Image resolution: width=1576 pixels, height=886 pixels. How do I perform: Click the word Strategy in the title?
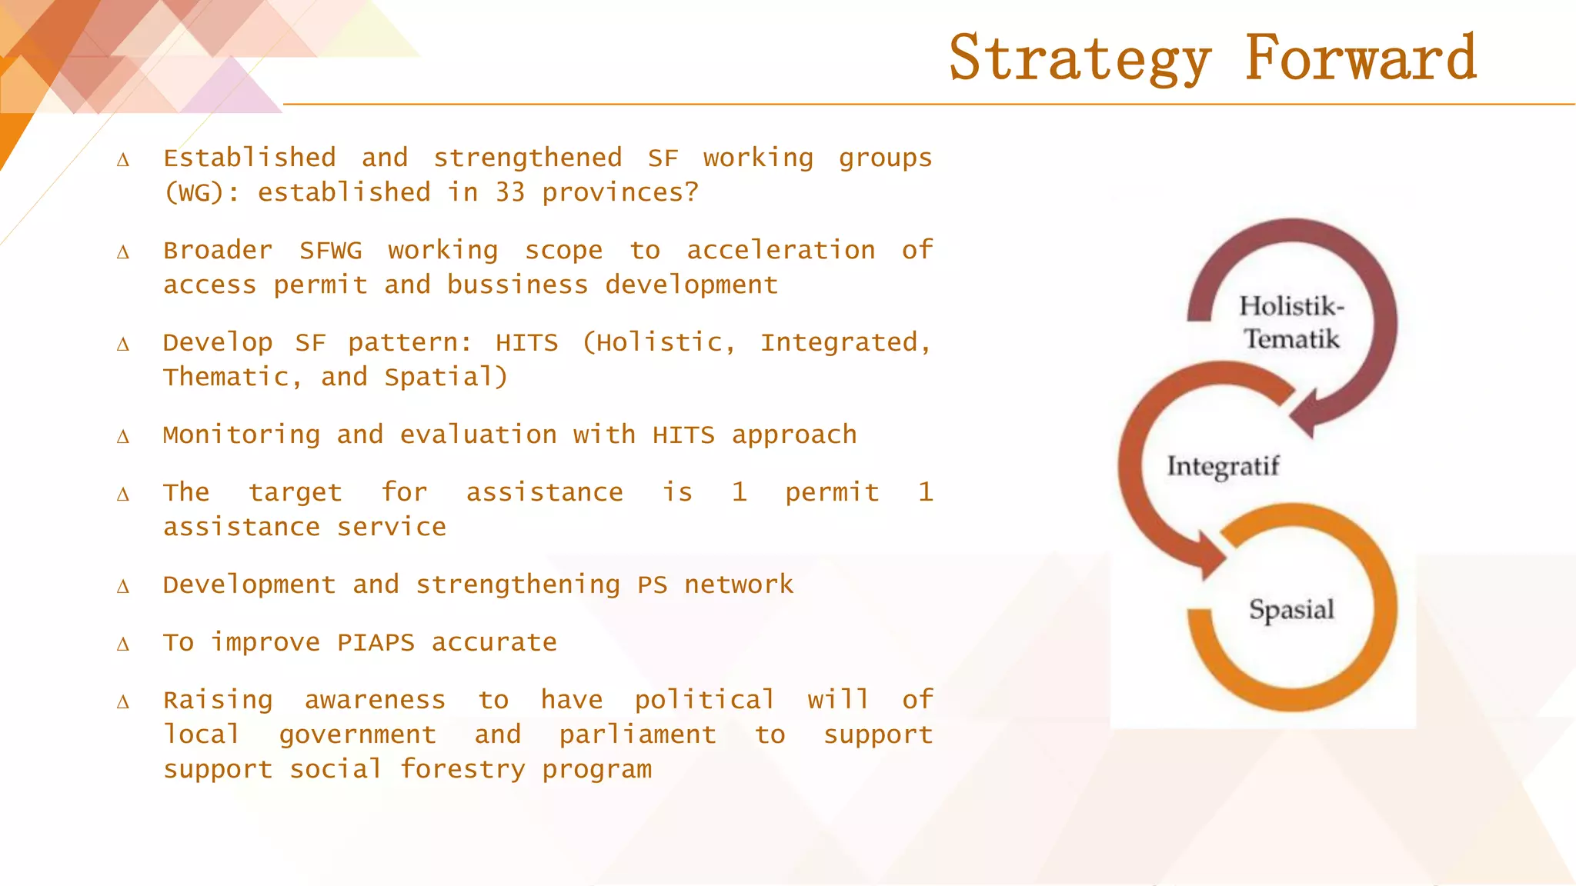[1080, 58]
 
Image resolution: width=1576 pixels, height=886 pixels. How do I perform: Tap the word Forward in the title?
[1361, 58]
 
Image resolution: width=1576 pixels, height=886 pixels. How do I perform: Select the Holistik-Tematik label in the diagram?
[1292, 322]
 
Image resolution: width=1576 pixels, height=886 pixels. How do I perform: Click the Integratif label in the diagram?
[1223, 466]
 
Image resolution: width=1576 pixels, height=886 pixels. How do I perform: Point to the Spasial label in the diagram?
[1291, 610]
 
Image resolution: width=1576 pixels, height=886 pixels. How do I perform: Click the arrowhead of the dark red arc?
[1306, 416]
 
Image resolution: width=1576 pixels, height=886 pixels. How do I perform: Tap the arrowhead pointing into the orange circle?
[1210, 557]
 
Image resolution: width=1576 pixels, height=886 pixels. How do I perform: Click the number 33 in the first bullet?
[510, 192]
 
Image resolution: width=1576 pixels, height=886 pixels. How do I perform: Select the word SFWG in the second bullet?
[330, 251]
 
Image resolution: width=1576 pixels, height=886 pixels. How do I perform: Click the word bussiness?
[517, 285]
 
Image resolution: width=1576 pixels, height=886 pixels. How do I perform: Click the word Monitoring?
[241, 435]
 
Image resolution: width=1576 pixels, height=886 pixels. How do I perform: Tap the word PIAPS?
[376, 643]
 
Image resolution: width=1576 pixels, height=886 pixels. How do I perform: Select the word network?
[738, 585]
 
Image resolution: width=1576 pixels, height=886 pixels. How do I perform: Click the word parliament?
[637, 735]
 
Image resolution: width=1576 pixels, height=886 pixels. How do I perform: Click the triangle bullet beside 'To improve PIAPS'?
[123, 645]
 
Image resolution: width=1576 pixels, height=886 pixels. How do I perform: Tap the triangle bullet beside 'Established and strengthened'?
[123, 160]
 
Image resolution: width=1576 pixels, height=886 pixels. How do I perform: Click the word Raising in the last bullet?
[218, 701]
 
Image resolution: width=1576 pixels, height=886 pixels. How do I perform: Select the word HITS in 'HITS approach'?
[683, 435]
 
